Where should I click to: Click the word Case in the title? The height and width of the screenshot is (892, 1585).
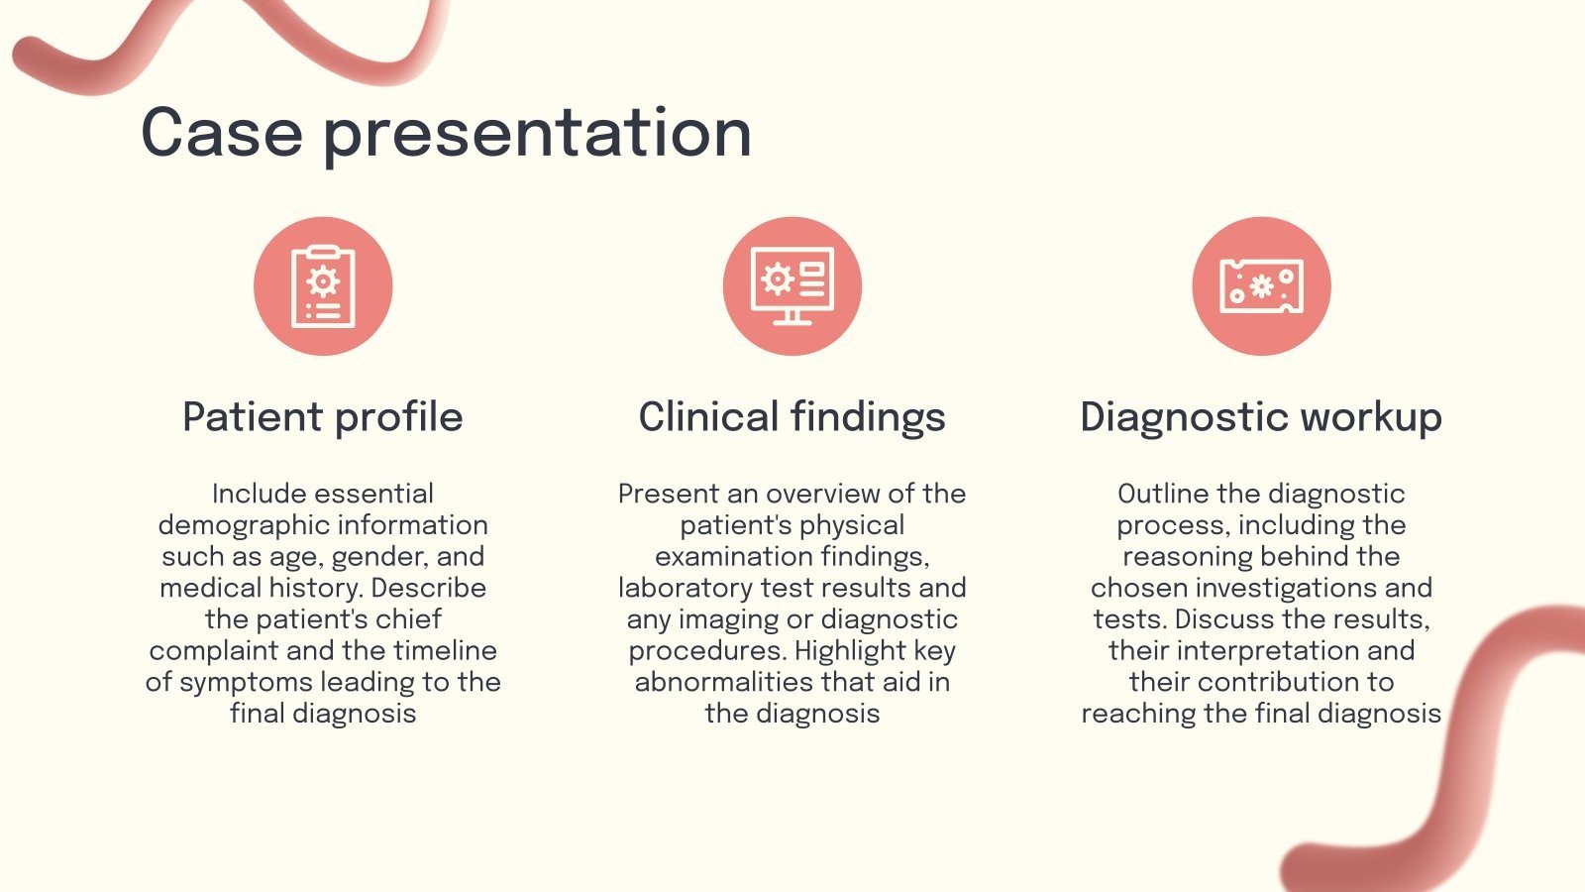point(222,133)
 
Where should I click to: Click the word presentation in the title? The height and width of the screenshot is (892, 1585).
point(537,136)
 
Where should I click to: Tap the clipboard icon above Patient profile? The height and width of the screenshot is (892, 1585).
point(323,286)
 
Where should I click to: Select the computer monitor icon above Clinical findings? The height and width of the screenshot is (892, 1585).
point(792,286)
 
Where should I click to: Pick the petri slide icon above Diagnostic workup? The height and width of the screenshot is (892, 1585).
point(1262,286)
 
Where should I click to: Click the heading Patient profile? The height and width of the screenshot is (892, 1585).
point(323,417)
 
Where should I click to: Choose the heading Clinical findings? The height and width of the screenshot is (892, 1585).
point(792,417)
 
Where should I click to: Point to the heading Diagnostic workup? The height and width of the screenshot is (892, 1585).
point(1261,417)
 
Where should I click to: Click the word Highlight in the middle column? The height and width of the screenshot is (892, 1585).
point(850,651)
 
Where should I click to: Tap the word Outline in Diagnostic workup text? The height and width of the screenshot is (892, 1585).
point(1164,495)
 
